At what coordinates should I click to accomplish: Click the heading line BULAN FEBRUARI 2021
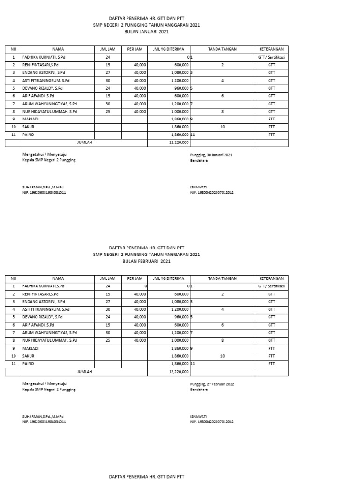148,261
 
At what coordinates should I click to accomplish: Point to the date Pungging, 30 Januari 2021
211,154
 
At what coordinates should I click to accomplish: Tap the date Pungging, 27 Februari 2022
212,384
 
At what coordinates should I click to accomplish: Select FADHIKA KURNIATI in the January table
45,57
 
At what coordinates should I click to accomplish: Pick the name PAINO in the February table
29,364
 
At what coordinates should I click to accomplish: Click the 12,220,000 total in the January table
179,142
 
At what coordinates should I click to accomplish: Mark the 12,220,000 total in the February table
179,372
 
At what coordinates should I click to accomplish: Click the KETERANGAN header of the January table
271,49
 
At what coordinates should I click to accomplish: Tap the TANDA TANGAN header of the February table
222,278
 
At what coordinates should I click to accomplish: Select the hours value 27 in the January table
108,73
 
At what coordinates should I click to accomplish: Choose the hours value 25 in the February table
108,340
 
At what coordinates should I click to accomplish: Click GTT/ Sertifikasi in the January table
271,57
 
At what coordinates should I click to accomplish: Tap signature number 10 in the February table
222,356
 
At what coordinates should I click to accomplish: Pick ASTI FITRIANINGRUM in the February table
46,309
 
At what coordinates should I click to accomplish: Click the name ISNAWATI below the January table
199,187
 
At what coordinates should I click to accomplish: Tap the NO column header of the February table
14,278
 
